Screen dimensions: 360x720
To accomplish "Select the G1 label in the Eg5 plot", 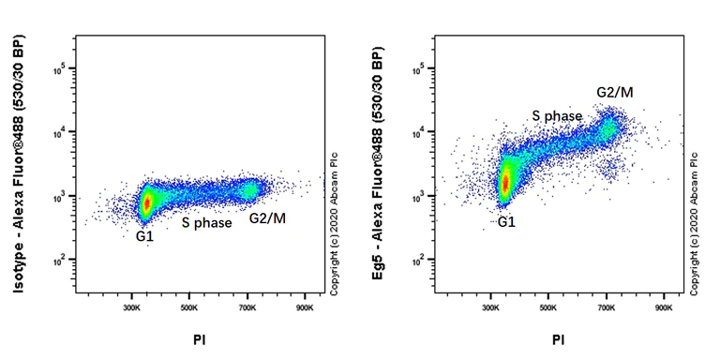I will (506, 222).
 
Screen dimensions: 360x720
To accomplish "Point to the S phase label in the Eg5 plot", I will (557, 115).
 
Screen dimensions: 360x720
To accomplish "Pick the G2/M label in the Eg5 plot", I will (615, 92).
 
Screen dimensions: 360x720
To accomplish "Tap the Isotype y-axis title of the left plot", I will (20, 168).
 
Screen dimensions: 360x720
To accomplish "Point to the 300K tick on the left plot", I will (131, 307).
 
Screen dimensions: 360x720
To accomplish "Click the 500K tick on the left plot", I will (189, 307).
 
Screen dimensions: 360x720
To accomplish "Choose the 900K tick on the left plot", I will (306, 307).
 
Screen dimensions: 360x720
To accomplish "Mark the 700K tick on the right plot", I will (607, 307).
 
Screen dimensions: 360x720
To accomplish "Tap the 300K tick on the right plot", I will (491, 307).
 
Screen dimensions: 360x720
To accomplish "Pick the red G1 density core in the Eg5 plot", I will (505, 184).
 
